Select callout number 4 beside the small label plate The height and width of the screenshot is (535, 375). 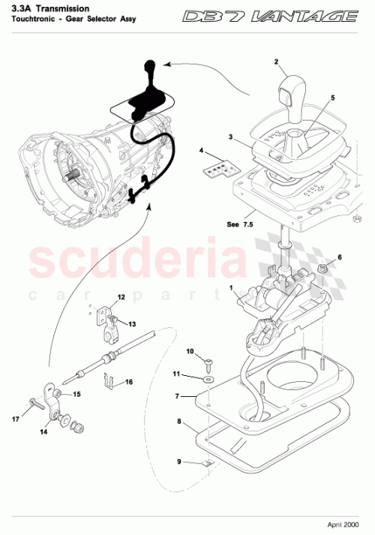point(201,151)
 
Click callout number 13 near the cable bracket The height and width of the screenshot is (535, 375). point(133,324)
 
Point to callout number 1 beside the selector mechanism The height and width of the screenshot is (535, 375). point(231,288)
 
